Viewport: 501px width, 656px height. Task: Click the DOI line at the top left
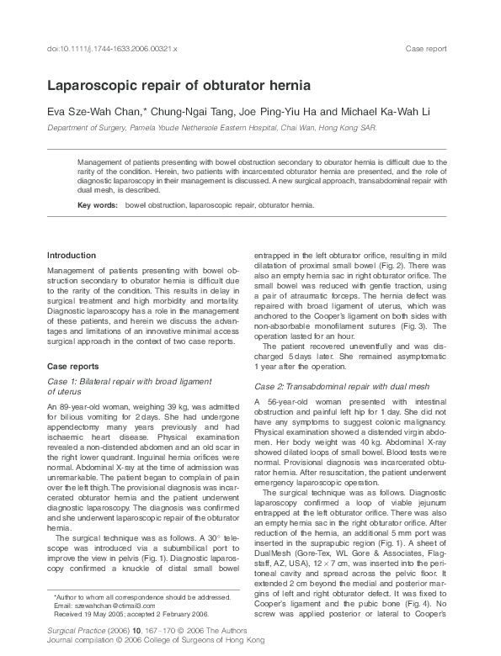click(x=111, y=50)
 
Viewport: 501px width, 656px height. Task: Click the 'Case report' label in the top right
click(x=426, y=50)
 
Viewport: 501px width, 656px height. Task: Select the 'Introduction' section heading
click(x=72, y=255)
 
